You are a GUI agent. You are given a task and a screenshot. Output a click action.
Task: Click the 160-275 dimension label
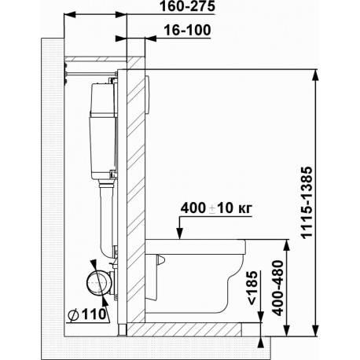coord(187,6)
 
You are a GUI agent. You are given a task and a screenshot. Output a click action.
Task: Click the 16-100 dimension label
coord(187,31)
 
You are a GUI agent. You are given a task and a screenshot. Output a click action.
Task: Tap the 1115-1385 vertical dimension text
coord(307,202)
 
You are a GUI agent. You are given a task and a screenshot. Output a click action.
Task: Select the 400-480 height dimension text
coord(278,288)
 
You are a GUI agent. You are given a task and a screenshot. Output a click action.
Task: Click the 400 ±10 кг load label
coord(216,208)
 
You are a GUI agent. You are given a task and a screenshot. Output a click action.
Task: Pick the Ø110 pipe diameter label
coord(87,314)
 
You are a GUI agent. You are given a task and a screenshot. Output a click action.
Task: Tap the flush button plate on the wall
coord(147,94)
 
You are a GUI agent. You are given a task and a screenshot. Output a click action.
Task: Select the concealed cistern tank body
coord(102,131)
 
